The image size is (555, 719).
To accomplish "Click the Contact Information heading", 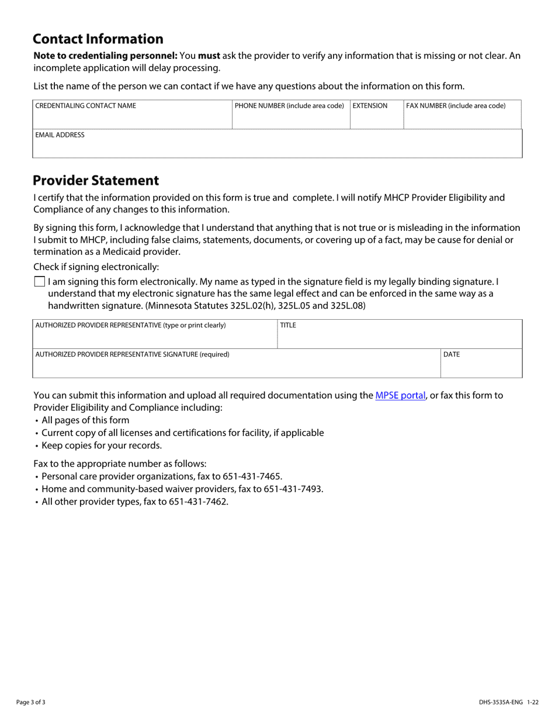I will [x=98, y=39].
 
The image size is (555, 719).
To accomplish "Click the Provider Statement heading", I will [x=96, y=180].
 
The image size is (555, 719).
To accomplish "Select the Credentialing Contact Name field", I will [x=132, y=119].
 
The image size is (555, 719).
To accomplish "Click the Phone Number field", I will [x=290, y=119].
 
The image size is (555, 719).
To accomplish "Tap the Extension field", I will [x=376, y=119].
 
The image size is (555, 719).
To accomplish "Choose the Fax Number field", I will [x=462, y=119].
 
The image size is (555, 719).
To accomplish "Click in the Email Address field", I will [x=277, y=148].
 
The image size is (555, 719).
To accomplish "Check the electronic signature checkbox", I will [x=40, y=282].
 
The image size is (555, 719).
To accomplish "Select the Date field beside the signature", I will [x=481, y=368].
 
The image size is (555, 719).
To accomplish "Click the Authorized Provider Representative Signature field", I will [x=236, y=368].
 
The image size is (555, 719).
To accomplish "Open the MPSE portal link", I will [x=400, y=395].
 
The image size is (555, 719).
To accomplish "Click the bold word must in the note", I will [x=209, y=56].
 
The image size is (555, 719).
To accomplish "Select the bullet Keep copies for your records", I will [x=102, y=445].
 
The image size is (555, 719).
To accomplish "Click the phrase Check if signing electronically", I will [x=96, y=267].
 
